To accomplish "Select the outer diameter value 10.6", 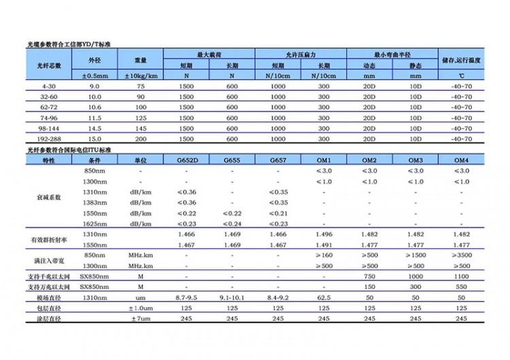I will pyautogui.click(x=95, y=108).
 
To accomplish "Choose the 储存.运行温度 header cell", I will pyautogui.click(x=462, y=61).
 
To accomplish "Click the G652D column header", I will pyautogui.click(x=186, y=160).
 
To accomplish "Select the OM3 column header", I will pyautogui.click(x=415, y=160).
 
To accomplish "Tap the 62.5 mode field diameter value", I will pyautogui.click(x=324, y=298).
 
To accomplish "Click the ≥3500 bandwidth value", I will pyautogui.click(x=461, y=255).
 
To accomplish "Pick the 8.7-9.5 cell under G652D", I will pyautogui.click(x=186, y=298).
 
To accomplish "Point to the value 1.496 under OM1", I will pyautogui.click(x=324, y=233).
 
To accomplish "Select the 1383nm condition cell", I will pyautogui.click(x=95, y=203).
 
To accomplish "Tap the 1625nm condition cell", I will pyautogui.click(x=95, y=224).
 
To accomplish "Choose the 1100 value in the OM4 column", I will pyautogui.click(x=461, y=277).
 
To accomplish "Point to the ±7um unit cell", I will pyautogui.click(x=140, y=318).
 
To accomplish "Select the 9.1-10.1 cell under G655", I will pyautogui.click(x=232, y=298).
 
